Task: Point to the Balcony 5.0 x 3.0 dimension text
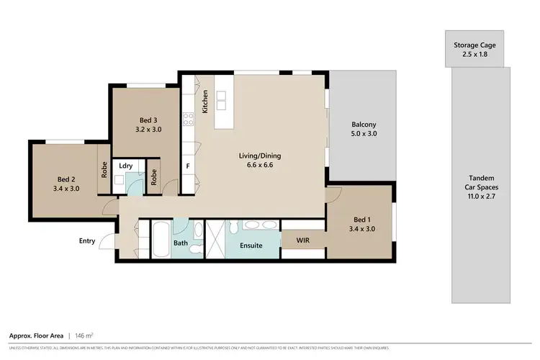point(364,133)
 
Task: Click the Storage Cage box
point(474,49)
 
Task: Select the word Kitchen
point(205,102)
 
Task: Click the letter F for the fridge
point(188,166)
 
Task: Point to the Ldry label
point(126,166)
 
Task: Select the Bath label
point(180,243)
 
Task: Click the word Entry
point(87,241)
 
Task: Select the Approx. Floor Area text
point(35,336)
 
